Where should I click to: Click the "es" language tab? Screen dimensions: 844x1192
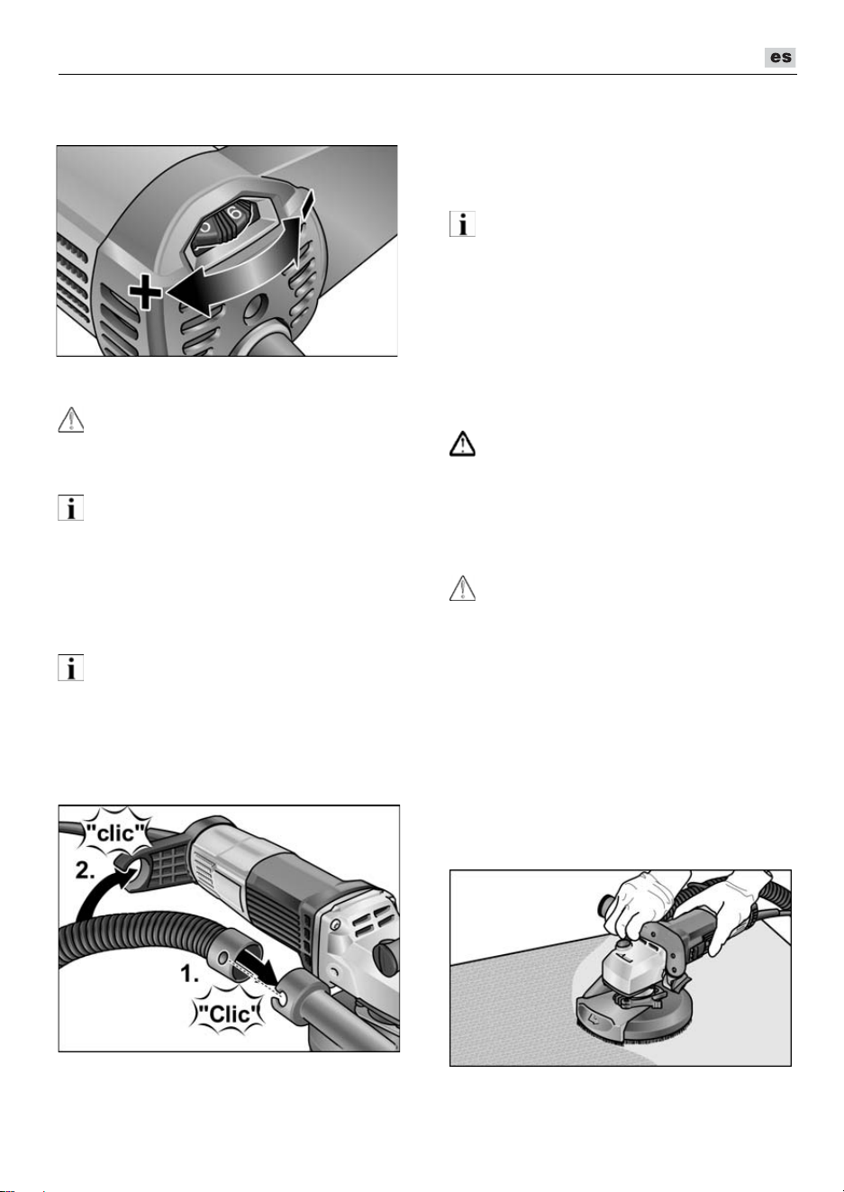(x=780, y=57)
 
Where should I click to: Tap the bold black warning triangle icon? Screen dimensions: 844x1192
(x=462, y=444)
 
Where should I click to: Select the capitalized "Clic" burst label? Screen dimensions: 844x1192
(x=230, y=1014)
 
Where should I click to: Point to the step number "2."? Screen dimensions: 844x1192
(x=85, y=871)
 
